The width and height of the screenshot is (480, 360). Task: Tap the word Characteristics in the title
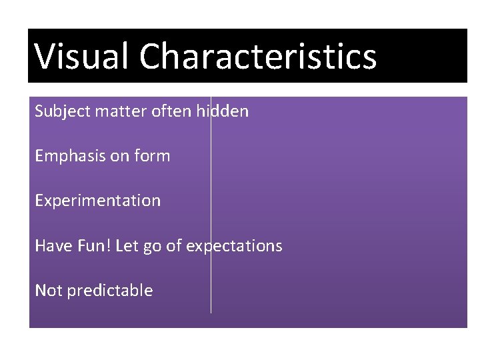coord(258,56)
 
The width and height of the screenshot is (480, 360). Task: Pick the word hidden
coord(223,111)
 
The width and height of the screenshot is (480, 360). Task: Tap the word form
coord(152,156)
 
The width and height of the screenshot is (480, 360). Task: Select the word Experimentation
coord(97,201)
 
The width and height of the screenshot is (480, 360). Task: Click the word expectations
coord(234,247)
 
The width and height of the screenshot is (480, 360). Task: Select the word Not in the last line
coord(47,291)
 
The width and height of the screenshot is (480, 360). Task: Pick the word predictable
coord(110,291)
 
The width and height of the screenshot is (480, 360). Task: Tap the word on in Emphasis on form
coord(121,157)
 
